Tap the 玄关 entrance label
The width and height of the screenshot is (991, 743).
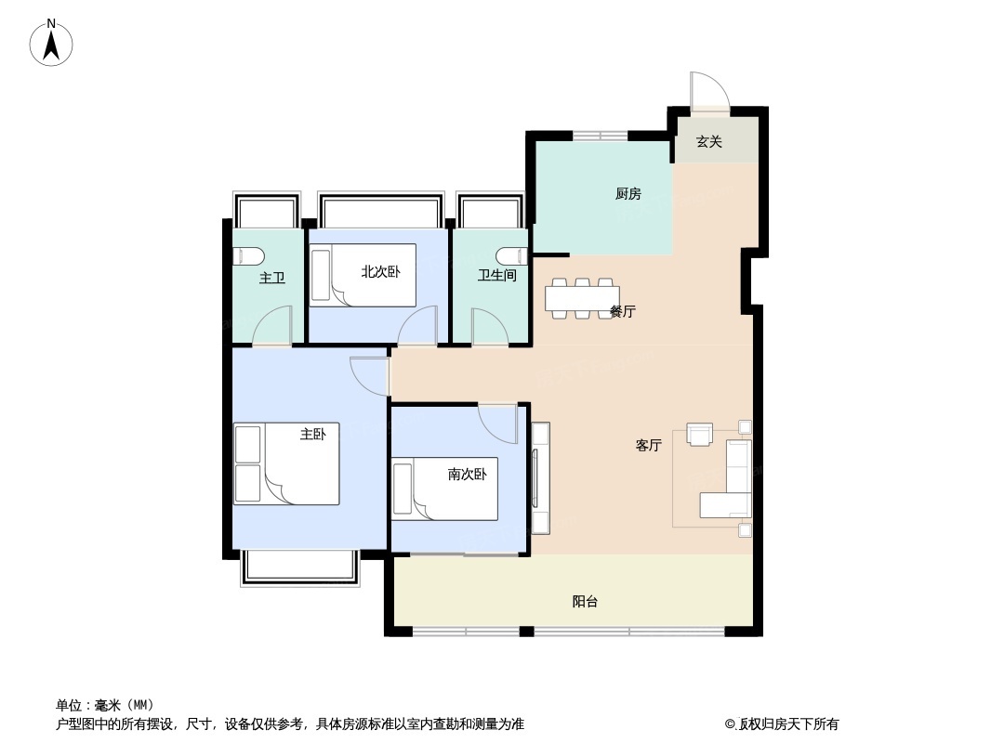click(709, 142)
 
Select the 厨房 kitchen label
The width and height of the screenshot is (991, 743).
click(628, 194)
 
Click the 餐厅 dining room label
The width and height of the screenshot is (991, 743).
click(623, 312)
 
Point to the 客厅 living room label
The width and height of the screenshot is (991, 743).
click(648, 446)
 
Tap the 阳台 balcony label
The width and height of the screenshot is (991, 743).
click(585, 602)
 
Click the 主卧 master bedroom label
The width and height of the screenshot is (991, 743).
click(313, 434)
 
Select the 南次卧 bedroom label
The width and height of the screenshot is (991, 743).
click(467, 475)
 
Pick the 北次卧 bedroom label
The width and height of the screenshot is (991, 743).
click(380, 272)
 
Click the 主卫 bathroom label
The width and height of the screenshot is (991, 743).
click(271, 278)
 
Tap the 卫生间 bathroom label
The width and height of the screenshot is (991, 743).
click(496, 276)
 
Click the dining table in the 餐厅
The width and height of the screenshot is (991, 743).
click(582, 297)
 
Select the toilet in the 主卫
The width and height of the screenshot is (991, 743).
click(248, 256)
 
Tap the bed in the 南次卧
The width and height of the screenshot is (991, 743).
click(445, 489)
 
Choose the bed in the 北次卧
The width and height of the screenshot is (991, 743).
click(363, 275)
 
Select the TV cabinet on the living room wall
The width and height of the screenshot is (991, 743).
click(540, 477)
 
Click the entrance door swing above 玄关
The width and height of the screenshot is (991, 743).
click(709, 91)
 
